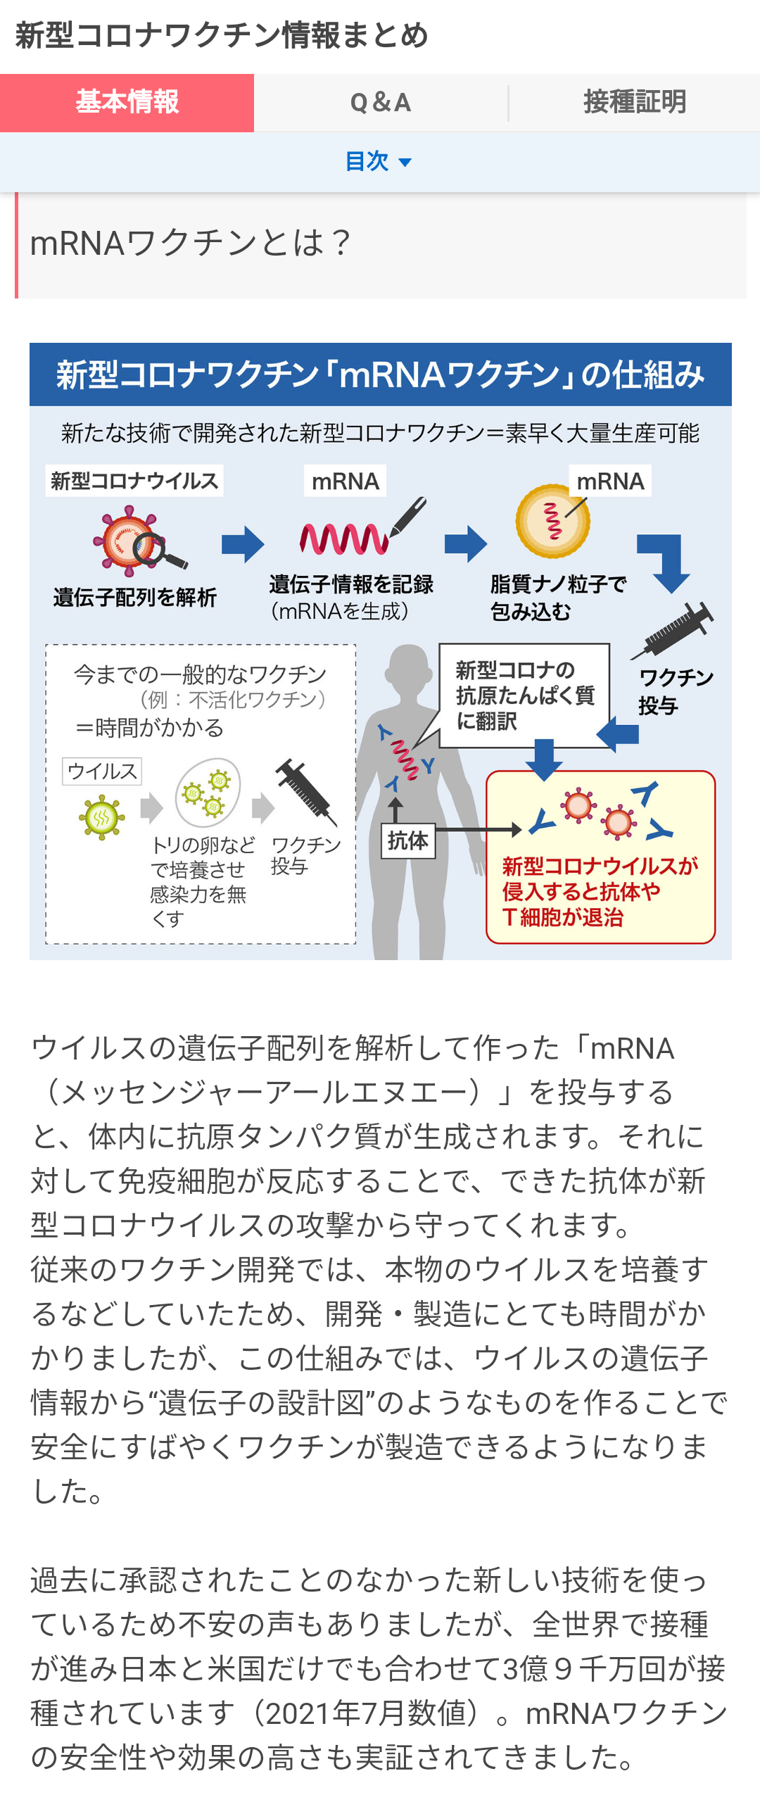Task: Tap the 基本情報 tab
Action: (127, 103)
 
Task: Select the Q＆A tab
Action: (381, 103)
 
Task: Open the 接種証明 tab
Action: (635, 103)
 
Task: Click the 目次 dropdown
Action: (379, 162)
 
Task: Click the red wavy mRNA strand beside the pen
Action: (343, 540)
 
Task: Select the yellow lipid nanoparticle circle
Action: (552, 521)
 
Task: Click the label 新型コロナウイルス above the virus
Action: (134, 481)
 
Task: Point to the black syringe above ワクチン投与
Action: (672, 631)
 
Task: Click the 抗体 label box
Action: (408, 840)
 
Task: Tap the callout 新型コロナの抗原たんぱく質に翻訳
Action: (524, 695)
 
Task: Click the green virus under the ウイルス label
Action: (102, 817)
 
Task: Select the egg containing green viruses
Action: (208, 793)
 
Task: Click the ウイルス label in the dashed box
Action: (102, 771)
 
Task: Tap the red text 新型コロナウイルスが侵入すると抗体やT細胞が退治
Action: (600, 892)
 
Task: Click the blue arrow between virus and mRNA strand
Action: (243, 544)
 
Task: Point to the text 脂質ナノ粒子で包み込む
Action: (558, 598)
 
